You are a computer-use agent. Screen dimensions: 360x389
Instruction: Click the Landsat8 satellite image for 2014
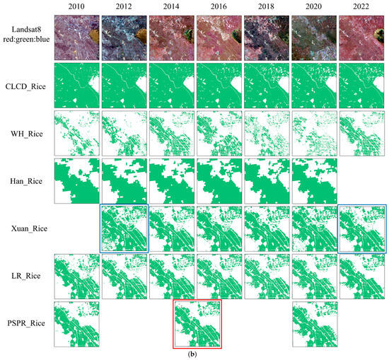coord(172,38)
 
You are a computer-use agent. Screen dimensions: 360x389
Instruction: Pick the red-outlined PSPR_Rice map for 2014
coord(197,324)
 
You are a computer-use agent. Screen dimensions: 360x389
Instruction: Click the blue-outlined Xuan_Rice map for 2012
coord(124,228)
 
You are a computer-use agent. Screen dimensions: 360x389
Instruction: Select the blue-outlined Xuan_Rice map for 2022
coord(362,228)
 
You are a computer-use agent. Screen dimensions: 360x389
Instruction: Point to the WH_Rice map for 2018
coord(267,133)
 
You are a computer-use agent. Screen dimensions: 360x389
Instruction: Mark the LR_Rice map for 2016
coord(219,276)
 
